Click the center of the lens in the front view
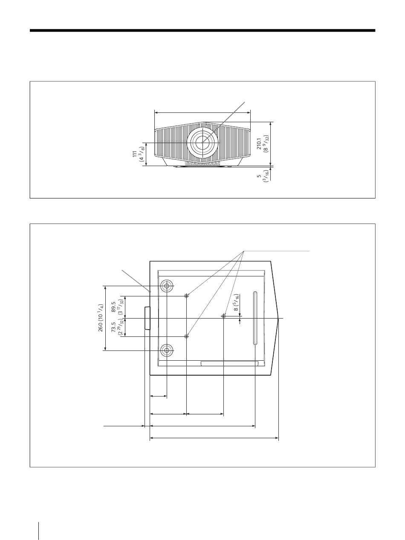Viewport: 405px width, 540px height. [x=203, y=142]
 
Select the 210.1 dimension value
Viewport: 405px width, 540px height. [x=259, y=144]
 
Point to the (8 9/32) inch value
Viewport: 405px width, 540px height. [x=266, y=144]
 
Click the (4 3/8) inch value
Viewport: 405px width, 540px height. [x=141, y=154]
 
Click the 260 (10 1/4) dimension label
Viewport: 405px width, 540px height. [x=101, y=318]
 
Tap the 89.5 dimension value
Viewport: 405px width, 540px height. [x=114, y=307]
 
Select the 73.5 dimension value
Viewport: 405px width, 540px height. [x=113, y=327]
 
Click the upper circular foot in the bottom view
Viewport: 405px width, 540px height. [x=167, y=286]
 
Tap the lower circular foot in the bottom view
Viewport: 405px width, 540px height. [x=167, y=350]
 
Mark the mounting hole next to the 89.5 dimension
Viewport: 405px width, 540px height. [x=186, y=296]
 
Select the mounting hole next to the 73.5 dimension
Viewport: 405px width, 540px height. [x=186, y=336]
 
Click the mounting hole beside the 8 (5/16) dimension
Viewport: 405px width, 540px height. [x=223, y=316]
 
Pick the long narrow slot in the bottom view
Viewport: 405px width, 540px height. [x=255, y=318]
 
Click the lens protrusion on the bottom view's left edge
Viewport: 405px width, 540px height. [x=147, y=318]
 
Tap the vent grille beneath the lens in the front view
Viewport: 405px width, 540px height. [x=202, y=164]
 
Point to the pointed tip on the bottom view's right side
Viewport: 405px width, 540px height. [x=278, y=319]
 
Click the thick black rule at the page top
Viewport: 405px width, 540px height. [x=202, y=31]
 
